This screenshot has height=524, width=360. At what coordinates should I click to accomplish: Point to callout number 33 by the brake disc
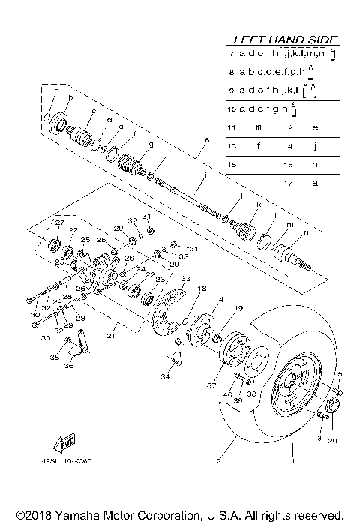click(x=180, y=278)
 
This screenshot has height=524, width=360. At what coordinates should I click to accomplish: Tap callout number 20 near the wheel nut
click(x=332, y=441)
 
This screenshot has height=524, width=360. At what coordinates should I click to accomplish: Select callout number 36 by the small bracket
click(x=69, y=366)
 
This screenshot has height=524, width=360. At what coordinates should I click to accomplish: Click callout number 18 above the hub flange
click(x=202, y=289)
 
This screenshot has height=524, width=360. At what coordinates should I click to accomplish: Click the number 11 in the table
click(x=231, y=127)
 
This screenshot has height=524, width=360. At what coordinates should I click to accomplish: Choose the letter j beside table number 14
click(x=314, y=146)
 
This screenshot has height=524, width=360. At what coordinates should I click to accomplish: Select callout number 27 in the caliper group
click(x=58, y=222)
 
